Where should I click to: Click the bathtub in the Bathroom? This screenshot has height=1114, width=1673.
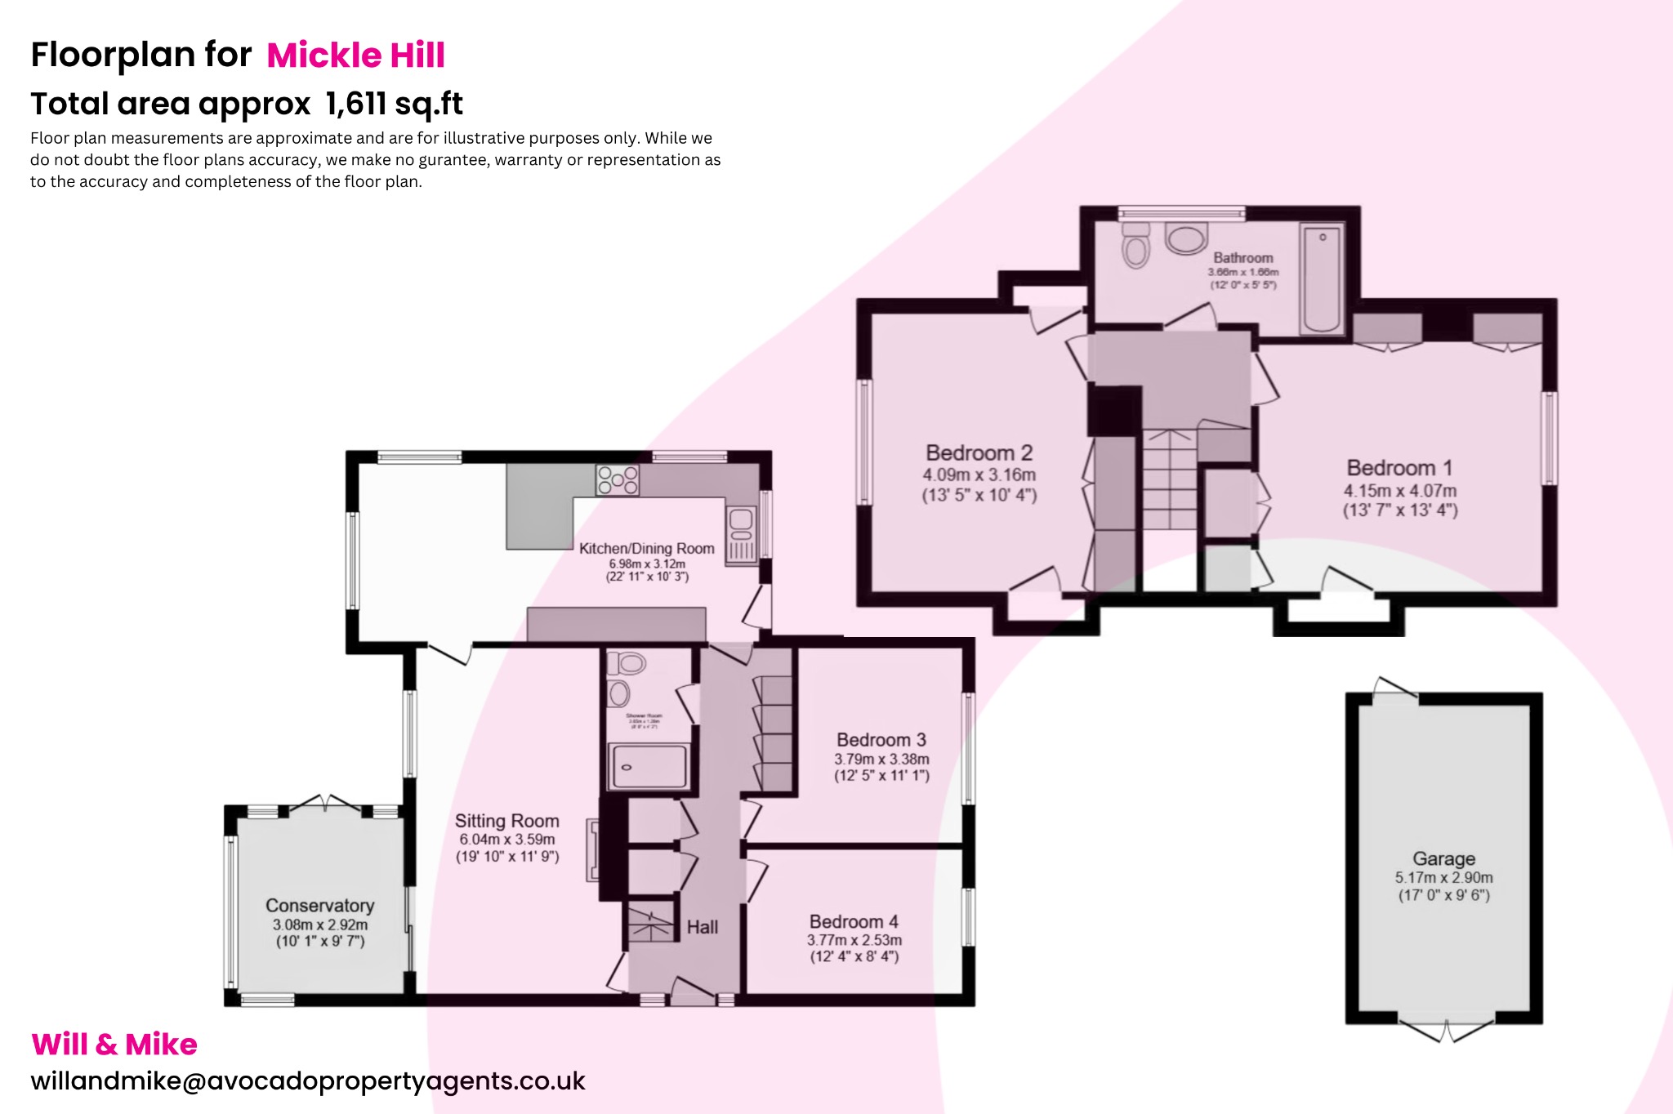(x=1322, y=279)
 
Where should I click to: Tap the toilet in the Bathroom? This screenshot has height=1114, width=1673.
(x=1135, y=247)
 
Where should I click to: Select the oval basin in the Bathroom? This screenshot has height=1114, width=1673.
(x=1186, y=238)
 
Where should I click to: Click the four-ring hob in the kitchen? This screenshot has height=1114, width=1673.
(x=617, y=479)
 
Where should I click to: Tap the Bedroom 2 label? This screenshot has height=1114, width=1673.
(x=979, y=453)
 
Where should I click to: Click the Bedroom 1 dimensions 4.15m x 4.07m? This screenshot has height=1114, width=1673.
(x=1400, y=491)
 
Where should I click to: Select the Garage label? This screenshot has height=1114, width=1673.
(x=1443, y=858)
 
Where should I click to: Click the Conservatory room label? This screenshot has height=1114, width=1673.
(x=319, y=906)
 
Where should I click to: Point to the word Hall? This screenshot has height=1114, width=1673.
(x=703, y=927)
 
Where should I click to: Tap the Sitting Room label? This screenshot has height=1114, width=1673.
(x=506, y=821)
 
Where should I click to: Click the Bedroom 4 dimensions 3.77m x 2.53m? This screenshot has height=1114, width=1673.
(x=854, y=940)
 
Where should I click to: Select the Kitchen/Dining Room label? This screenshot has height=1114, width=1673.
(x=646, y=549)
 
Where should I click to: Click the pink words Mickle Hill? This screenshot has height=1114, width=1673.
(x=355, y=56)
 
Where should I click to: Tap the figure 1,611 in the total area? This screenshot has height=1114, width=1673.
(x=355, y=105)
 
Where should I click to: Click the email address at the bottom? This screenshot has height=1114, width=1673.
(x=308, y=1081)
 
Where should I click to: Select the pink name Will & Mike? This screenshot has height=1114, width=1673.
(x=114, y=1045)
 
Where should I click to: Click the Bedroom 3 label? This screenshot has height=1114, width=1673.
(x=881, y=740)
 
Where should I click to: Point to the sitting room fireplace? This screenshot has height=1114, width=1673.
(x=594, y=851)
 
